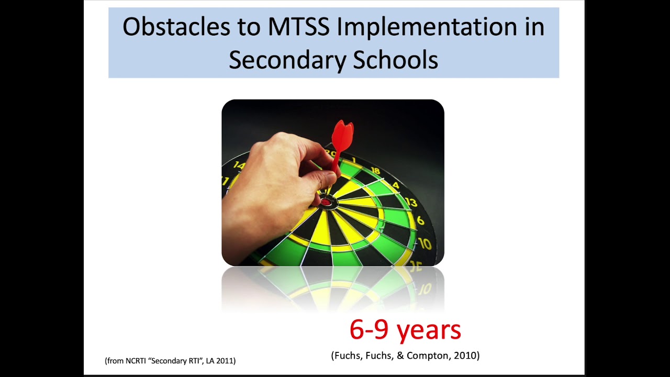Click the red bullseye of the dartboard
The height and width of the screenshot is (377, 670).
pos(326,202)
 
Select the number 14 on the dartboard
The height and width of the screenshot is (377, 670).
pos(239,165)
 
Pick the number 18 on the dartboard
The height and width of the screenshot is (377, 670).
pos(375,170)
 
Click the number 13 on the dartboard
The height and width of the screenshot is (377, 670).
pos(411,202)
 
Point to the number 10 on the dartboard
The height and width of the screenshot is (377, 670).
pos(424,243)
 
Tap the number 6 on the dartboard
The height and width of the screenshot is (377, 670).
pos(420,220)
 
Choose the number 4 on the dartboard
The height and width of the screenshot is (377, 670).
pos(396,185)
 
